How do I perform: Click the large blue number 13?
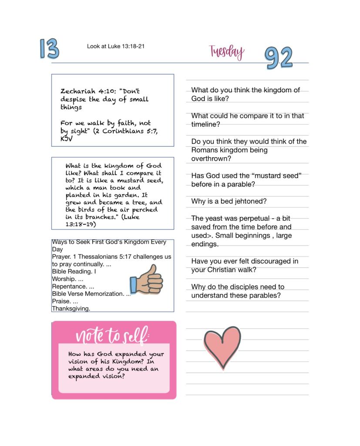[x=49, y=48]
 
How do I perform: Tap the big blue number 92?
[x=279, y=57]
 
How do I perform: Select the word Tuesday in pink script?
[x=226, y=52]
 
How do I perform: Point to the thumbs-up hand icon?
[x=146, y=280]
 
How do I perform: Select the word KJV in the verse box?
[x=67, y=139]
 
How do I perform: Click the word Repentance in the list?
[x=69, y=287]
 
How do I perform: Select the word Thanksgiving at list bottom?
[x=71, y=308]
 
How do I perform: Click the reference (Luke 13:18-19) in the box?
[x=87, y=221]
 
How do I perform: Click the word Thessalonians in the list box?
[x=101, y=257]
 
